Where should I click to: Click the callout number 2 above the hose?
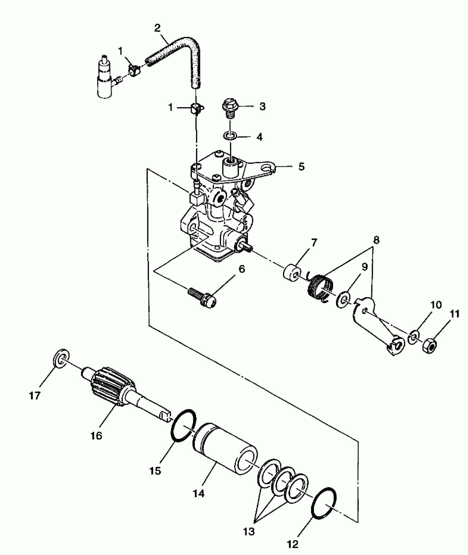(x=157, y=28)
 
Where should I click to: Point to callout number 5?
(x=301, y=166)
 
